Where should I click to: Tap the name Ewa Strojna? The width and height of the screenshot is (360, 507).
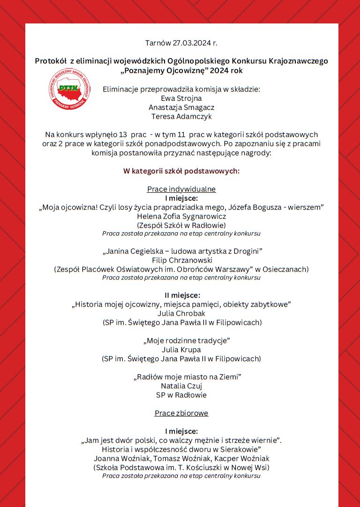pos(181,98)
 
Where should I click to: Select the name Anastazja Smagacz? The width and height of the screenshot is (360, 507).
pos(181,107)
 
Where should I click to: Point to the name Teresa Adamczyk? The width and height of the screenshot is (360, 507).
pos(181,116)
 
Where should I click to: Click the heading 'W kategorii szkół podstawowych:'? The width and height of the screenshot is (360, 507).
pos(181,171)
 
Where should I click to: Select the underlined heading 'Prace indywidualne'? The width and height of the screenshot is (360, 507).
pos(181,189)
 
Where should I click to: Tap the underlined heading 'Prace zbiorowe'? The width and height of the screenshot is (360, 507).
pos(181,413)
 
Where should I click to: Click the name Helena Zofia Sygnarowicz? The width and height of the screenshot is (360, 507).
pos(181,216)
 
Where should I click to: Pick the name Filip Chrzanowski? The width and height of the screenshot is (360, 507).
pos(181,260)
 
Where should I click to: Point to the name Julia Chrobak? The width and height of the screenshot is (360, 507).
pos(181,313)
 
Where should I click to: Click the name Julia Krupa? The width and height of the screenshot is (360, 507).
pos(181,349)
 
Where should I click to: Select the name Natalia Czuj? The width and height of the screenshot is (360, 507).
pos(181,386)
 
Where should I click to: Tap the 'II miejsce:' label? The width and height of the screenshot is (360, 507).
pos(181,295)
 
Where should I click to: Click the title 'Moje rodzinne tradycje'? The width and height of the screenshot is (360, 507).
pos(181,341)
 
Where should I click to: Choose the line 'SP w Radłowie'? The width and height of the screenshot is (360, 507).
pos(181,395)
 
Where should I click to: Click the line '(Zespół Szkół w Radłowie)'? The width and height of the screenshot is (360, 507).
pos(181,225)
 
